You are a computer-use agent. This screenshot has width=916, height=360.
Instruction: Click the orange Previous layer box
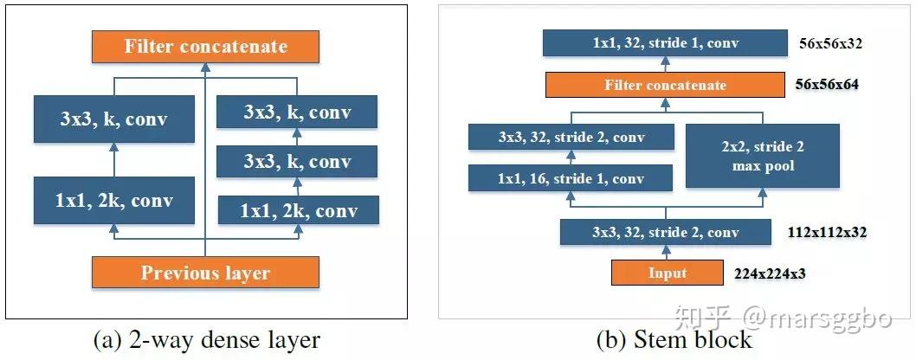point(205,273)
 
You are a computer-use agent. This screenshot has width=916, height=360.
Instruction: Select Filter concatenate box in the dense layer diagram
point(205,47)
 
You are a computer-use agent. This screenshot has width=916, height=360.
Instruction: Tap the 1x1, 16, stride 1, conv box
point(571,177)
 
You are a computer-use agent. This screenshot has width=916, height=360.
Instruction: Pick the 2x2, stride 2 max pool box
point(763,156)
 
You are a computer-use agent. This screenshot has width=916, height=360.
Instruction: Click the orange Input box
point(667,273)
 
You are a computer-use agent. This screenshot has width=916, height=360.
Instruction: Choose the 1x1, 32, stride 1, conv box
point(665,43)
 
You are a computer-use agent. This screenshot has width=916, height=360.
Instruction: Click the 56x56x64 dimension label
point(827,85)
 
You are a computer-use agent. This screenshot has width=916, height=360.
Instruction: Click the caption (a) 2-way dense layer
point(208,339)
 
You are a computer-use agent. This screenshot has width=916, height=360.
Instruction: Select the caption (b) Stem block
point(674,339)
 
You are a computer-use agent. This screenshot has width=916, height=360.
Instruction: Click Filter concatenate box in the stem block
point(666,85)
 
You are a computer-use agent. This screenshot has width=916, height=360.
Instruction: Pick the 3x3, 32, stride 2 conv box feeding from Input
point(665,232)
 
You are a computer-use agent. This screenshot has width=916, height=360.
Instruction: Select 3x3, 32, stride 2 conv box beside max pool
point(571,138)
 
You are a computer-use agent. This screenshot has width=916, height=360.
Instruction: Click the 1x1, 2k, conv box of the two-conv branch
point(298,210)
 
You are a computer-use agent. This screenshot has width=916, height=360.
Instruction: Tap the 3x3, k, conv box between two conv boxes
point(297,161)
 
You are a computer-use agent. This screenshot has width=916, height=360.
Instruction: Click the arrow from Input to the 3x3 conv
point(666,252)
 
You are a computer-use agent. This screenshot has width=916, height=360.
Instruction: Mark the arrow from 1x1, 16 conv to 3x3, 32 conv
point(572,157)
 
